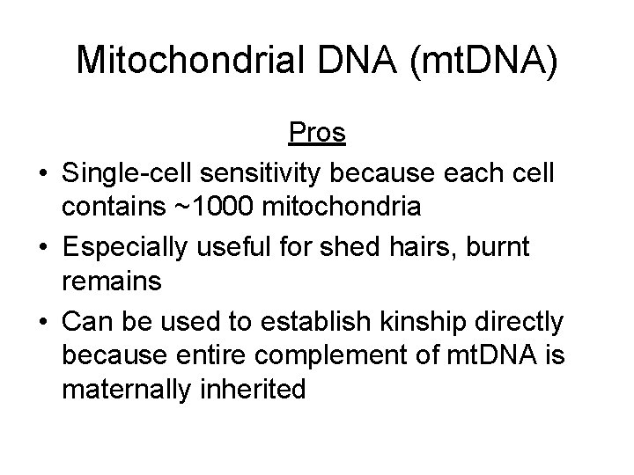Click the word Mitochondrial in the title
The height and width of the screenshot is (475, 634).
click(179, 60)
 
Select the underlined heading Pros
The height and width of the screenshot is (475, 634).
click(317, 134)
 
